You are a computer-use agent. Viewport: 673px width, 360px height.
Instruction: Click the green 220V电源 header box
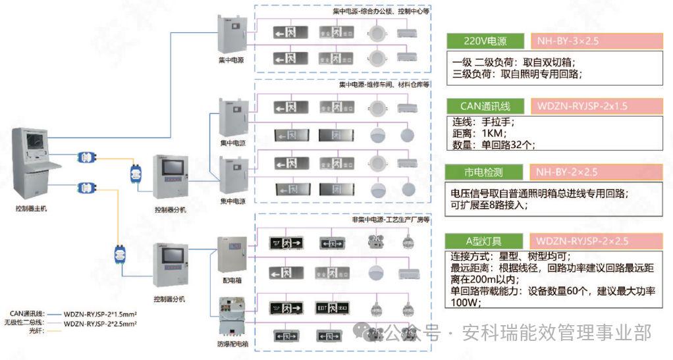(485, 41)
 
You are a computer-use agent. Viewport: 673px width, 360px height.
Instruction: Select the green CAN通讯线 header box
(485, 106)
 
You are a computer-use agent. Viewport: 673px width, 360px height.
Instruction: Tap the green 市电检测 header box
(485, 172)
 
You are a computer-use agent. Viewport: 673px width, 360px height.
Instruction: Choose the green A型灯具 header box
(485, 241)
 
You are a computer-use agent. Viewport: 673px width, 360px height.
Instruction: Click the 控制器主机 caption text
(31, 208)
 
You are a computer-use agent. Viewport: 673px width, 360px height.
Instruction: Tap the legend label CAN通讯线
(26, 314)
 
